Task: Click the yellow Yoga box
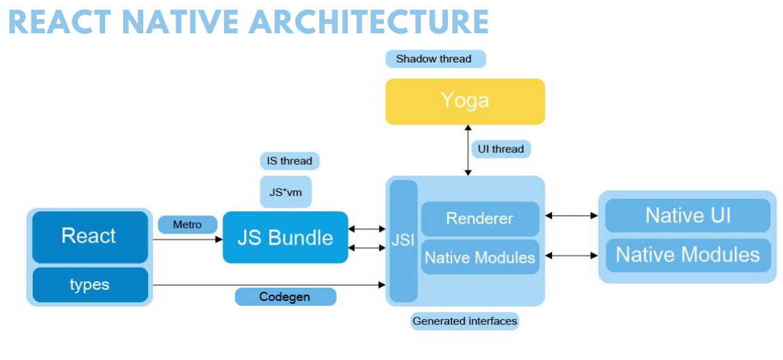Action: coord(465,101)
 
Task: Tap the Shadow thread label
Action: coord(434,59)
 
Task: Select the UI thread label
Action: coord(501,149)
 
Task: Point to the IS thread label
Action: coord(289,161)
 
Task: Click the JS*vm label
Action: coord(285,192)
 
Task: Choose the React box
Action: coord(89,236)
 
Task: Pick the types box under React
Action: coord(89,285)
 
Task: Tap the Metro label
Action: coord(187,224)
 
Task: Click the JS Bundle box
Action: coord(285,238)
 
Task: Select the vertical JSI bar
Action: coord(403,240)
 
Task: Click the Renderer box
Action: coord(480,218)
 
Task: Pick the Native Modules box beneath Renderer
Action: coord(480,257)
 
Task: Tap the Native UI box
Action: coord(687,215)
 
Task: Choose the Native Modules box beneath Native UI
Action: coord(687,254)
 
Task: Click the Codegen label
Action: coord(285,297)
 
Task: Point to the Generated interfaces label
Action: coord(465,321)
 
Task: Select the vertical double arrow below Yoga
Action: coord(468,150)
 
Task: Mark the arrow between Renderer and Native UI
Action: coord(571,216)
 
